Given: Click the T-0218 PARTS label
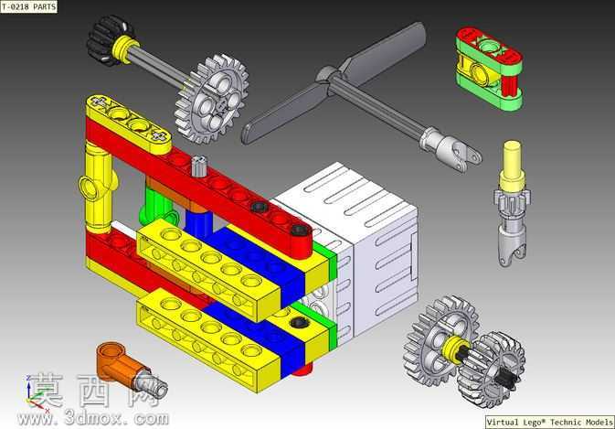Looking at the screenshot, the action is pyautogui.click(x=28, y=6).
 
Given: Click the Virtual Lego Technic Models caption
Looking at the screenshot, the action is pyautogui.click(x=550, y=423).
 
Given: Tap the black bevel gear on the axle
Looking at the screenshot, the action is pyautogui.click(x=107, y=40).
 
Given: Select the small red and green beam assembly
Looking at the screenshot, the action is pyautogui.click(x=489, y=68).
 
